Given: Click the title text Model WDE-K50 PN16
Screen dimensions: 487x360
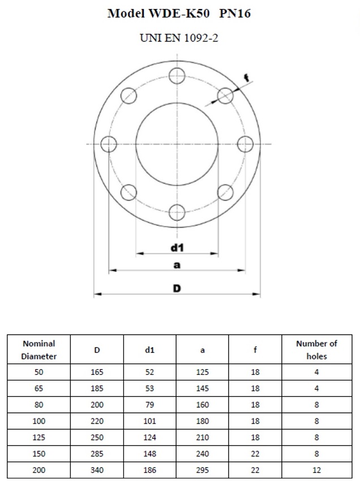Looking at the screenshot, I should pyautogui.click(x=179, y=14).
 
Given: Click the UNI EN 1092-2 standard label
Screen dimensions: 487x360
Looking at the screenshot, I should pyautogui.click(x=179, y=39).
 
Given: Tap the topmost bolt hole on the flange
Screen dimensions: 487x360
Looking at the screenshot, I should pyautogui.click(x=177, y=75).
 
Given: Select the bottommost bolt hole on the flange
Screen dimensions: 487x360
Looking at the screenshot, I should pyautogui.click(x=177, y=213).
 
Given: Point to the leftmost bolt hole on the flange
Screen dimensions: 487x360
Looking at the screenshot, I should pyautogui.click(x=108, y=144).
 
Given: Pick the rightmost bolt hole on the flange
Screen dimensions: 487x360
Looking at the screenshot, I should pyautogui.click(x=245, y=144).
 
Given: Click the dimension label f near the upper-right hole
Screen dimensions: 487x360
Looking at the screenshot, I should pyautogui.click(x=246, y=78).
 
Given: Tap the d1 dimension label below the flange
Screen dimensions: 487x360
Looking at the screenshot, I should pyautogui.click(x=177, y=247).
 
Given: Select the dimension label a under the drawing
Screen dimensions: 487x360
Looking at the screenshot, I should pyautogui.click(x=177, y=265).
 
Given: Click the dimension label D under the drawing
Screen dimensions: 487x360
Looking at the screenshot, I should pyautogui.click(x=177, y=288).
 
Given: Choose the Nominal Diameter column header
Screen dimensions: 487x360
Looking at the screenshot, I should pyautogui.click(x=39, y=350).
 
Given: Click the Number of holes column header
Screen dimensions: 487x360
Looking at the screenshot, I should pyautogui.click(x=316, y=350).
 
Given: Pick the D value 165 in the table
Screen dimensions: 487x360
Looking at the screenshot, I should pyautogui.click(x=97, y=372).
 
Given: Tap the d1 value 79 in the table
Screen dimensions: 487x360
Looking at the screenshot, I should pyautogui.click(x=149, y=405).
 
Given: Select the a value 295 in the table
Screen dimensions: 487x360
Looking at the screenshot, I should pyautogui.click(x=203, y=470).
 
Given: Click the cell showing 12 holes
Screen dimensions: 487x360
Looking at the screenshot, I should pyautogui.click(x=316, y=470).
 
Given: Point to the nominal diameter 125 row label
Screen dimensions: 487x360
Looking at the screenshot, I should pyautogui.click(x=39, y=437).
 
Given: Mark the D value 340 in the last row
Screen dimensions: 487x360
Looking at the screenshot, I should pyautogui.click(x=97, y=470).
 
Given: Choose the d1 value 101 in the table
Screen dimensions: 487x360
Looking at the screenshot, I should pyautogui.click(x=149, y=421).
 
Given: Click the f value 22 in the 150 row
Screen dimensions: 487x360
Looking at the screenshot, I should pyautogui.click(x=255, y=454).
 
